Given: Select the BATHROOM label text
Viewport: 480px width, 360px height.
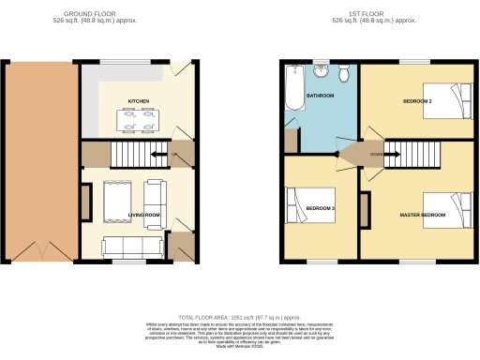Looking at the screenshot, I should [321, 96].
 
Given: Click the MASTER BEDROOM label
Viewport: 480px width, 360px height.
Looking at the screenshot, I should [420, 215].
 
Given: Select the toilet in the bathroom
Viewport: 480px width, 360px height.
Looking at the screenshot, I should [344, 73].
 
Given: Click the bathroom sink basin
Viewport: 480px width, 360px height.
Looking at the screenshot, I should [322, 70].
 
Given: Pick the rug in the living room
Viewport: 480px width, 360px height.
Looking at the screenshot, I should [120, 202].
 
